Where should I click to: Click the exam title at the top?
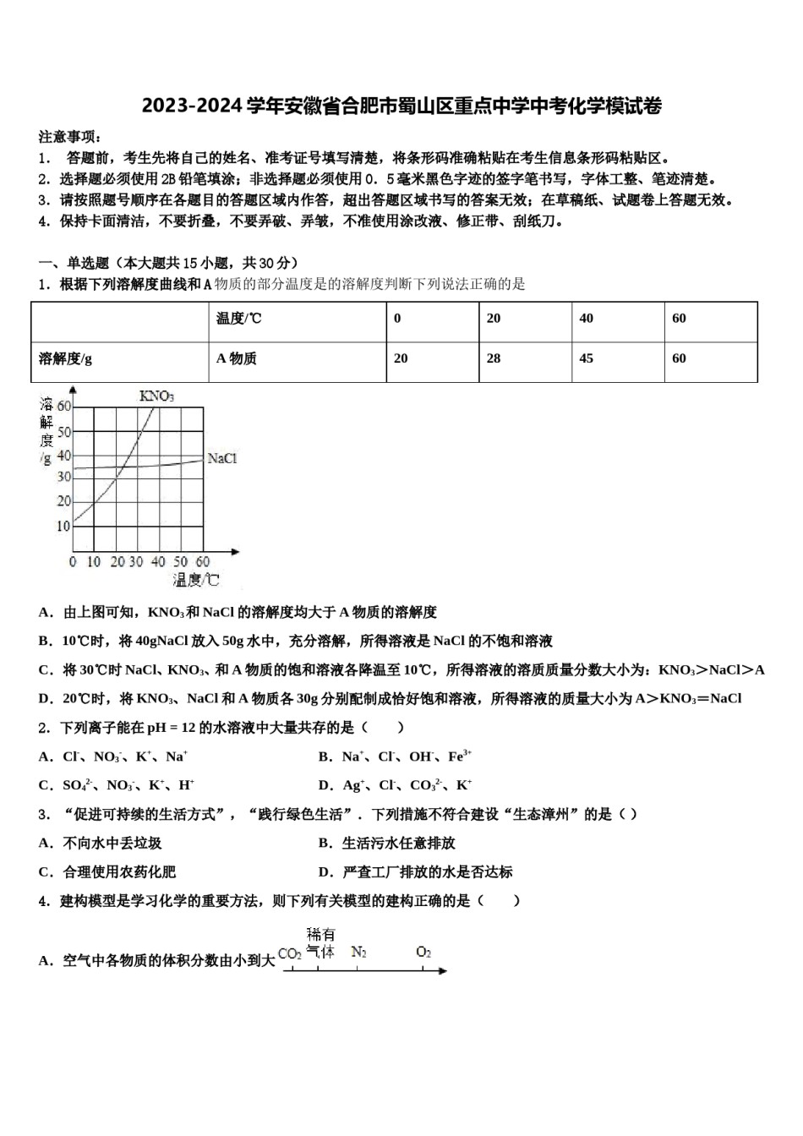(x=401, y=106)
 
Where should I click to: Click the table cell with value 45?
(x=586, y=358)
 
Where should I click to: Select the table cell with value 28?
(x=494, y=358)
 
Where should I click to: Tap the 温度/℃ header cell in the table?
(x=239, y=319)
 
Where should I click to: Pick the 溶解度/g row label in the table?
(x=66, y=358)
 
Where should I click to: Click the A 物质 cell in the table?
(x=237, y=358)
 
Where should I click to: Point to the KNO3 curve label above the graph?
(x=156, y=396)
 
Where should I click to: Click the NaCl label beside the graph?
(x=221, y=458)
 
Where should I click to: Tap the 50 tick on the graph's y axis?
(x=64, y=432)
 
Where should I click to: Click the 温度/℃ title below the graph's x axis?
(x=196, y=580)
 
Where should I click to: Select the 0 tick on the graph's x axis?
(x=73, y=562)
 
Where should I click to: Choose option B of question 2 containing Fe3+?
(x=395, y=756)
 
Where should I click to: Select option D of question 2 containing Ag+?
(x=395, y=785)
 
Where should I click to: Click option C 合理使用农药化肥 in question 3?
(x=107, y=871)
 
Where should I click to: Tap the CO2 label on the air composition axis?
(x=290, y=953)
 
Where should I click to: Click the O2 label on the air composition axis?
(x=423, y=952)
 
